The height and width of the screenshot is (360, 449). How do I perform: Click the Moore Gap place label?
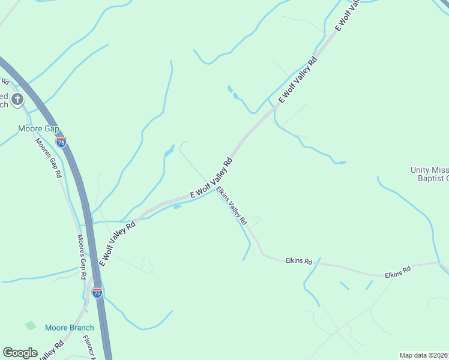[x=39, y=128]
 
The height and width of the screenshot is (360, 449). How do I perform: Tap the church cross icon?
[x=18, y=98]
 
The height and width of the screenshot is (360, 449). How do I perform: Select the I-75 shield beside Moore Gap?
[x=61, y=142]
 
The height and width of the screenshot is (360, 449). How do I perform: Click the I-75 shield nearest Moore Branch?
[x=97, y=293]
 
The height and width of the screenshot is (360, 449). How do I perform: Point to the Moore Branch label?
[x=69, y=328]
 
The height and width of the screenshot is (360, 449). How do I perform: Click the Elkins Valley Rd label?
[x=232, y=205]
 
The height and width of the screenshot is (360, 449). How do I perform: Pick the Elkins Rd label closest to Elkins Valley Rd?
[x=299, y=262]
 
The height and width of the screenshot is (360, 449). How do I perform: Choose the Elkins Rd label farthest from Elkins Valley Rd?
[x=398, y=270]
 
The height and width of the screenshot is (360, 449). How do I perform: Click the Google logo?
[x=20, y=353]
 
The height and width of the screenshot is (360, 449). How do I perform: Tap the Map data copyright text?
[x=424, y=355]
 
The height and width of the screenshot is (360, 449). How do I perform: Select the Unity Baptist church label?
[x=429, y=174]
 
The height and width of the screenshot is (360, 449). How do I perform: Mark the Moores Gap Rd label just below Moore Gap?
[x=49, y=158]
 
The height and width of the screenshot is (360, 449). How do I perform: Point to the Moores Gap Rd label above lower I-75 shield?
[x=82, y=257]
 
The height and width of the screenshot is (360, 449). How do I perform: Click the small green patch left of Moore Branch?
[x=31, y=325]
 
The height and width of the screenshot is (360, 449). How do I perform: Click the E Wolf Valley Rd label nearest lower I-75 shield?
[x=117, y=242]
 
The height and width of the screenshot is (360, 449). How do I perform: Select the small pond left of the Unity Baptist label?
[x=342, y=162]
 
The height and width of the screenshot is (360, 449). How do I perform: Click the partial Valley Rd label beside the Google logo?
[x=51, y=352]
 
